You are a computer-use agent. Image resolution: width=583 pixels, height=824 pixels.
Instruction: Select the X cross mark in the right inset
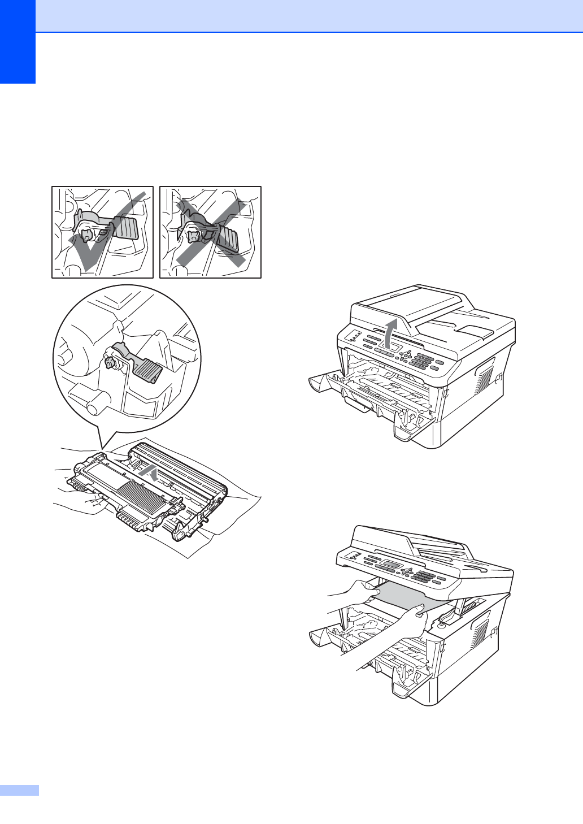click(210, 232)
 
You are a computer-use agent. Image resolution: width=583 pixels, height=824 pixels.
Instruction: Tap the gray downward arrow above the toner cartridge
click(149, 472)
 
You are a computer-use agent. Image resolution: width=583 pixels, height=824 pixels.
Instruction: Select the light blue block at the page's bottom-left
click(19, 790)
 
